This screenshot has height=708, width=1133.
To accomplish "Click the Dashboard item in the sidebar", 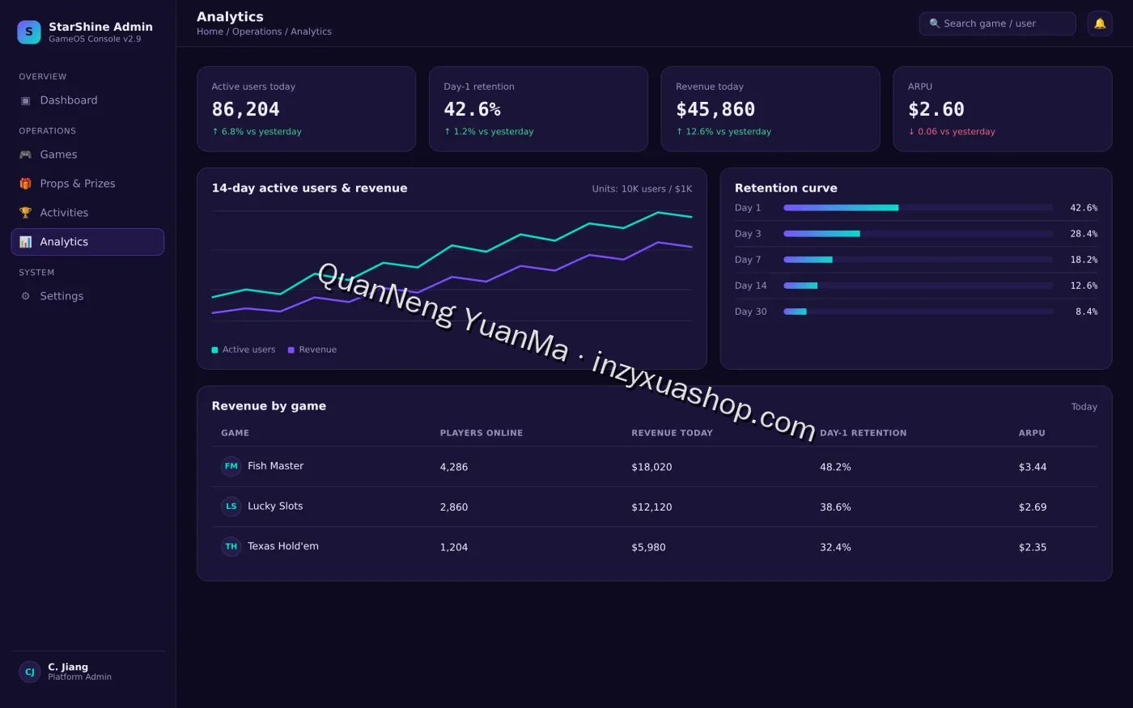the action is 68,100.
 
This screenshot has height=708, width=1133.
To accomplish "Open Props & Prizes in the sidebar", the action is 78,184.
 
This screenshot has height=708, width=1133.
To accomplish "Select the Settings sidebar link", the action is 62,296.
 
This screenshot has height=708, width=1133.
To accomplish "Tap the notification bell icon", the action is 1100,23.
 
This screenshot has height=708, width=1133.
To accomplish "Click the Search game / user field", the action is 997,23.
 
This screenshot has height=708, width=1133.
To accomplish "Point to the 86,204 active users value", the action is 245,109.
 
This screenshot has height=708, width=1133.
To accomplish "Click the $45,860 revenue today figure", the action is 715,109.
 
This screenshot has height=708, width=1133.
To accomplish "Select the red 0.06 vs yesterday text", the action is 952,131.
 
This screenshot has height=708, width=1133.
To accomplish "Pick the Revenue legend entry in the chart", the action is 312,350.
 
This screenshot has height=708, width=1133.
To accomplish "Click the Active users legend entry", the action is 244,350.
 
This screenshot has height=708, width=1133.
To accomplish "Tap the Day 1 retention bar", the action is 841,208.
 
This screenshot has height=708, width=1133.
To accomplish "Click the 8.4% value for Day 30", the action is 1086,312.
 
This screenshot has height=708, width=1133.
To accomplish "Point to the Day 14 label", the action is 751,286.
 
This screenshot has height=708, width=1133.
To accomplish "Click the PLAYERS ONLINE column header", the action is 481,433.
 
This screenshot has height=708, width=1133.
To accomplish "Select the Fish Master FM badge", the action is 231,466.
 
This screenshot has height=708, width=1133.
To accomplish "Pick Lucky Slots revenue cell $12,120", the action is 651,507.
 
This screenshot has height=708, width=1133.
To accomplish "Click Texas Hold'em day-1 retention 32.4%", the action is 835,547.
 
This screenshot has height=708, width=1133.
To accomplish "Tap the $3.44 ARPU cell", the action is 1033,467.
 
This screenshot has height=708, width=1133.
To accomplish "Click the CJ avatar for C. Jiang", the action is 29,672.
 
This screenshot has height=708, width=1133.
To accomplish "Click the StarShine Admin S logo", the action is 29,32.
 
